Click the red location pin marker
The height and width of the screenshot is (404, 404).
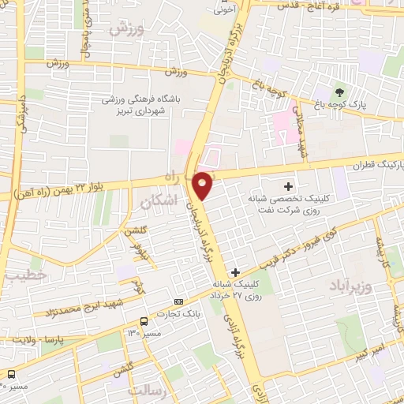[203, 185]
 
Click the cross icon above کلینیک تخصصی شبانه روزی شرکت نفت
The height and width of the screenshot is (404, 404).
[288, 186]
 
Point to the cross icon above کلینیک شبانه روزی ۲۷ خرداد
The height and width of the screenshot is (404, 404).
[235, 272]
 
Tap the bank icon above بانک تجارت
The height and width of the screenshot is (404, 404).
[178, 301]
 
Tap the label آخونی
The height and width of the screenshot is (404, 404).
[226, 11]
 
